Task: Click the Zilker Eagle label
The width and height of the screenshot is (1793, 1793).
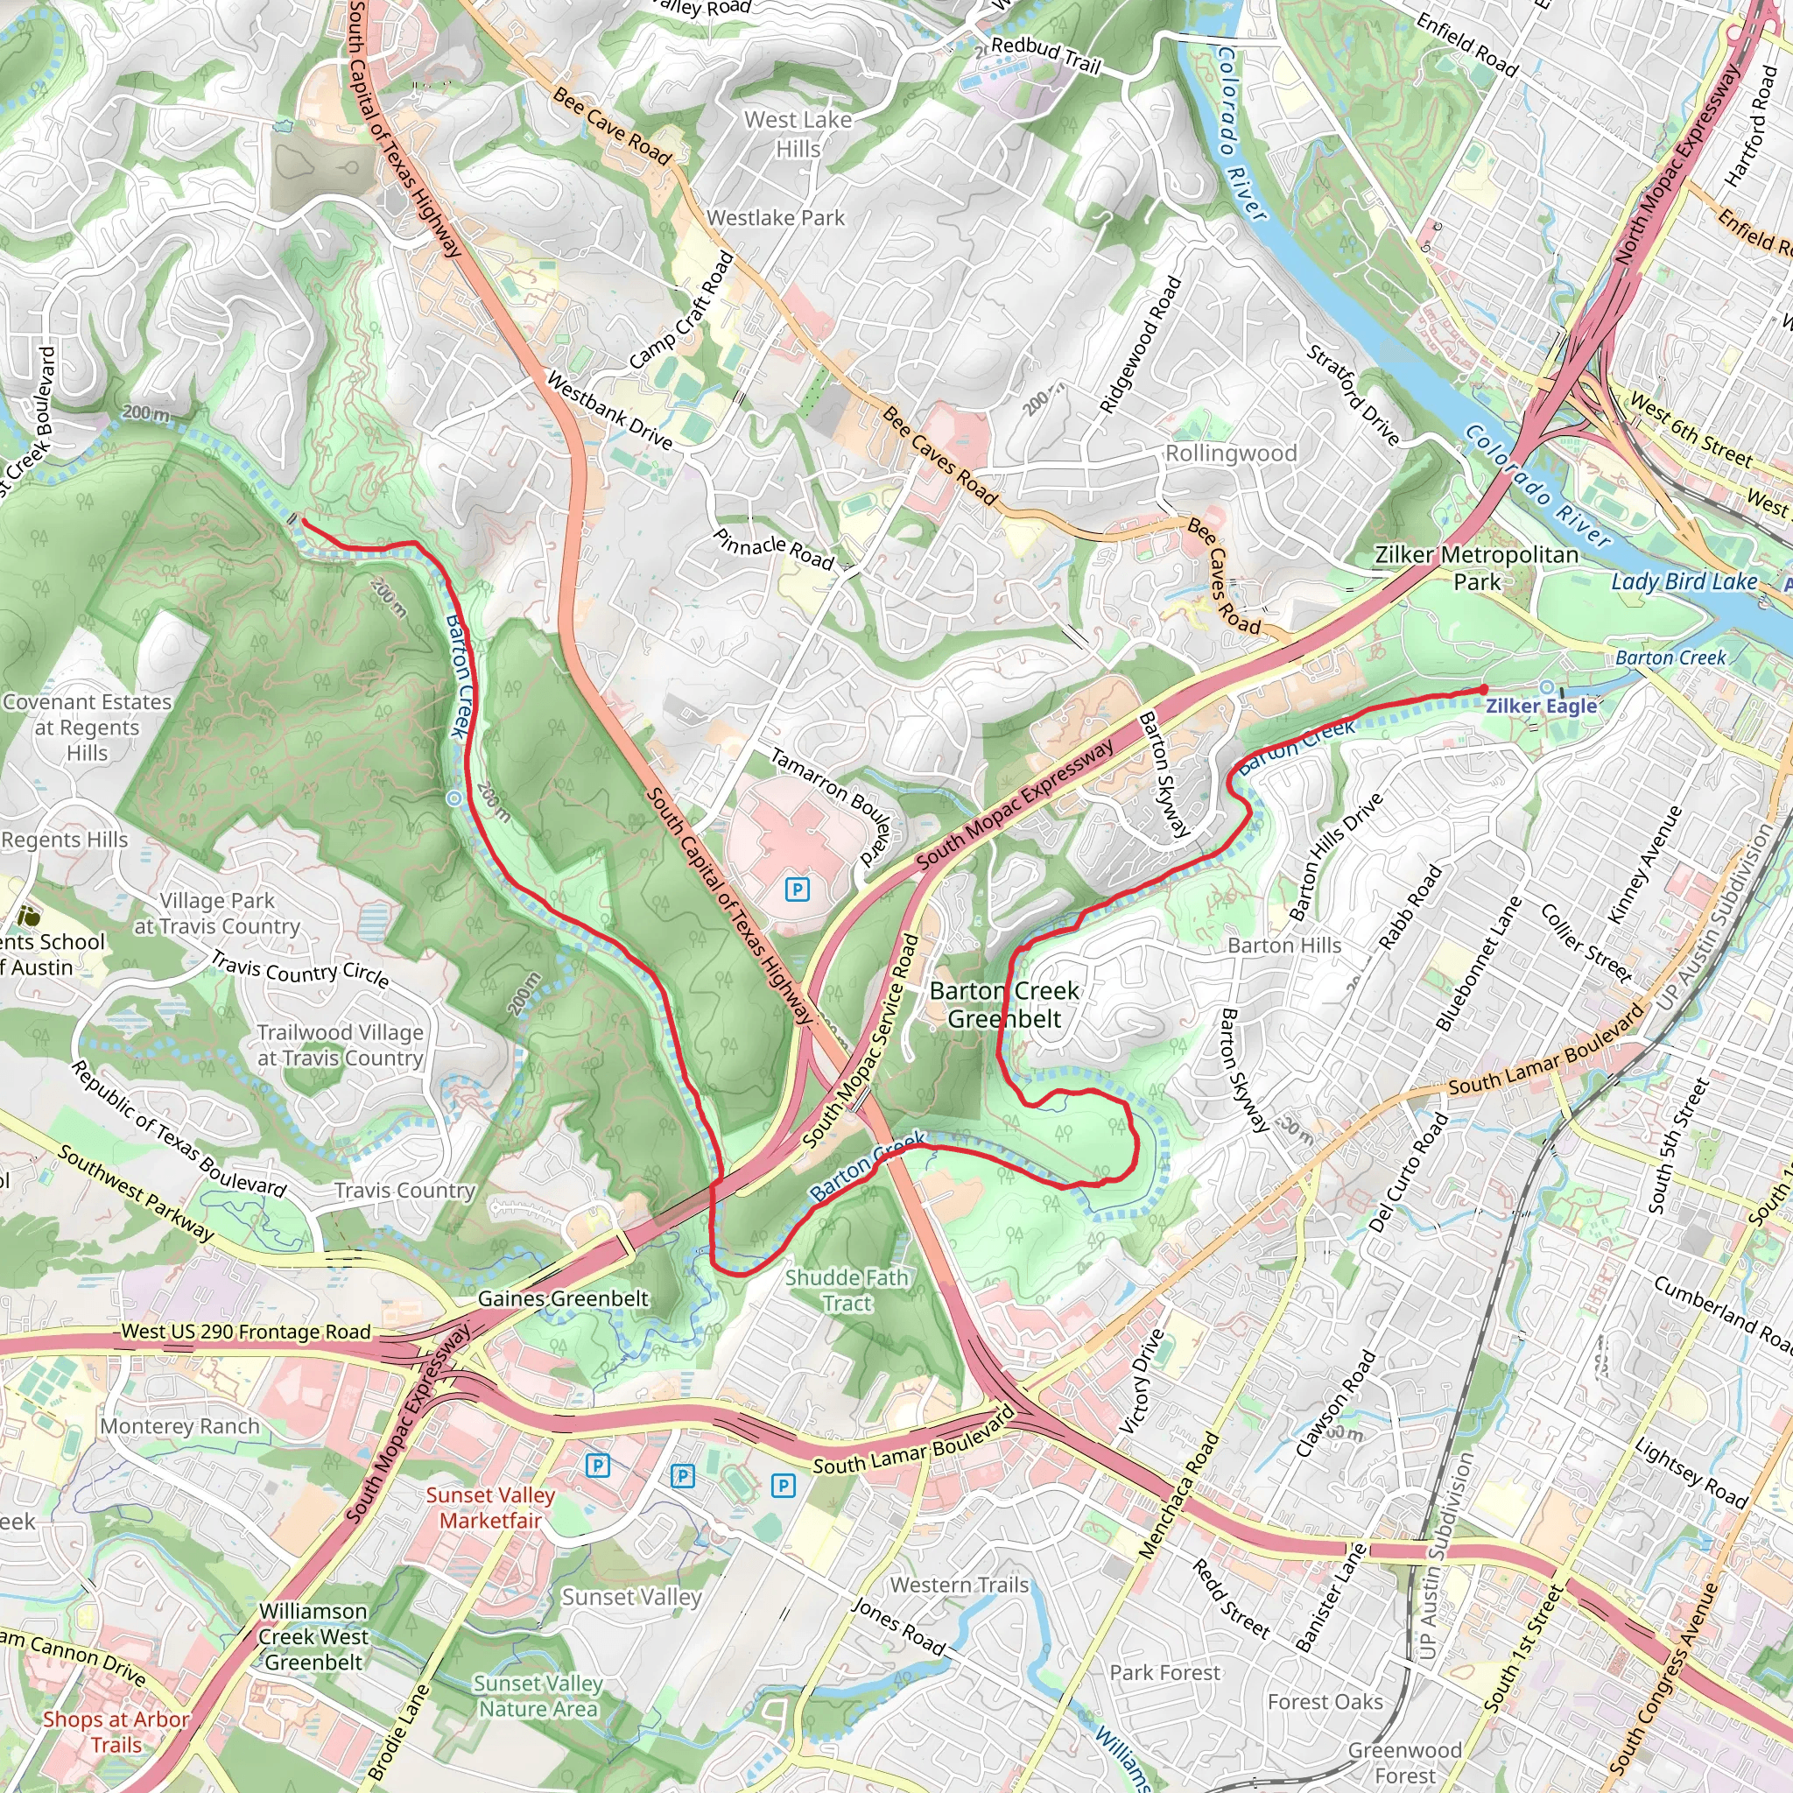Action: click(1541, 706)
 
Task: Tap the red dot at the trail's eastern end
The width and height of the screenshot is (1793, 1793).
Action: click(1484, 690)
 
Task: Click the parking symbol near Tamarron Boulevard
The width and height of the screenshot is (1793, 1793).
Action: click(798, 890)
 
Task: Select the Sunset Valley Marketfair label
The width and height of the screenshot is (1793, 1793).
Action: click(490, 1508)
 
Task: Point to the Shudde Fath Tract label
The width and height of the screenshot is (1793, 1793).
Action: click(847, 1290)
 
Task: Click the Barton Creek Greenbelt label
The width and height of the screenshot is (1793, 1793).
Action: click(1004, 1004)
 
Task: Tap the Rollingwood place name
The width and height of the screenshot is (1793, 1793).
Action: click(1231, 453)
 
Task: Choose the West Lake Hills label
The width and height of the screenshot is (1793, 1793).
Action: click(798, 134)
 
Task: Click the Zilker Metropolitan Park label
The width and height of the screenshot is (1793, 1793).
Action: click(1475, 568)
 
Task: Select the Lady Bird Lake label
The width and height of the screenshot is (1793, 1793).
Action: click(1684, 582)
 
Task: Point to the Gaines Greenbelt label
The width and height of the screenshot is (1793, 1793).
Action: click(562, 1298)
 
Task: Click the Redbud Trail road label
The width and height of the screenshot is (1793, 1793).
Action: click(1045, 55)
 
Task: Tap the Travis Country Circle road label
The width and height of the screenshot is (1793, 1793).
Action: click(299, 969)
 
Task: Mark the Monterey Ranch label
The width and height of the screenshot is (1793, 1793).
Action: click(180, 1425)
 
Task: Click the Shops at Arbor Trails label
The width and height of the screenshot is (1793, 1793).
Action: click(116, 1732)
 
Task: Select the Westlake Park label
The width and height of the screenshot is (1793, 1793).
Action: click(776, 218)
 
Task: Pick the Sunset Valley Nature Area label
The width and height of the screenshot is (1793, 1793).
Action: click(538, 1696)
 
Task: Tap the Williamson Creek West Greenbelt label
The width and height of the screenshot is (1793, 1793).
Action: click(313, 1636)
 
